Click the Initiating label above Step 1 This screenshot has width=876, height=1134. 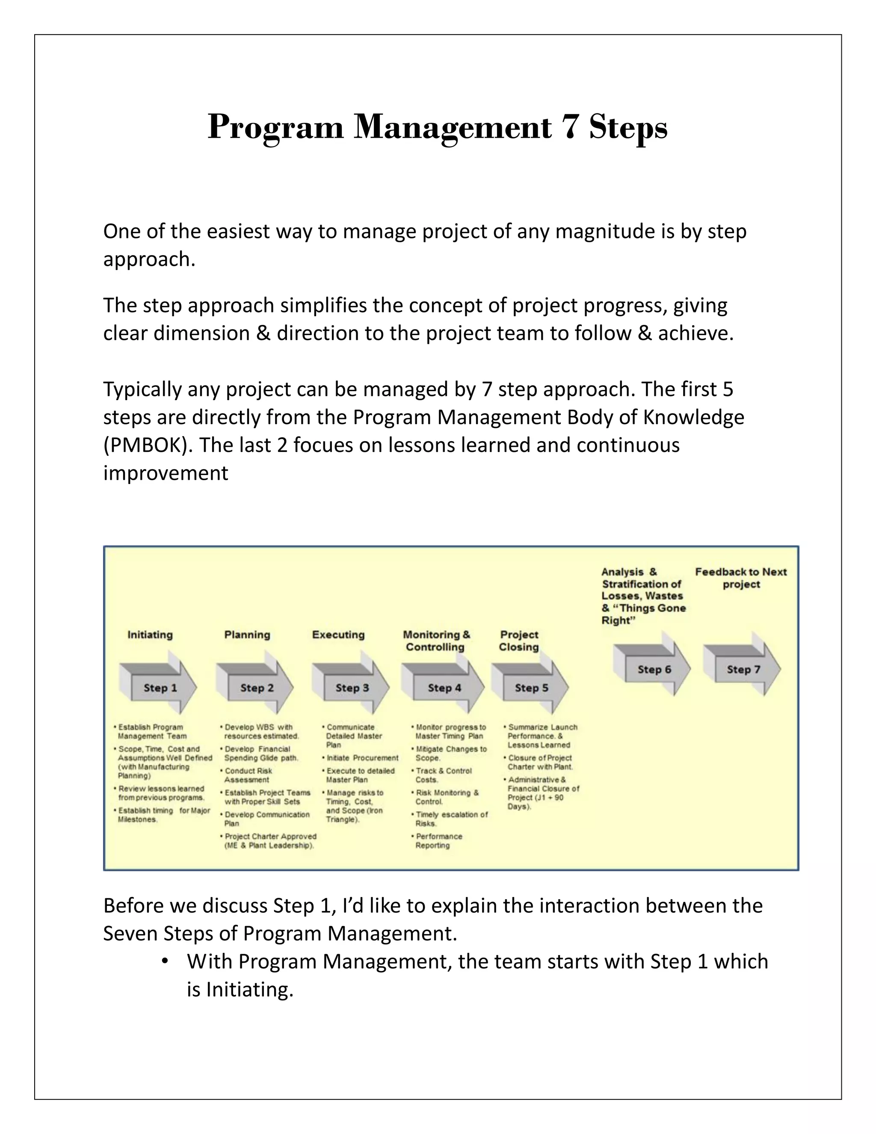pos(150,635)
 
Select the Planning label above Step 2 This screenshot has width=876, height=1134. pos(247,635)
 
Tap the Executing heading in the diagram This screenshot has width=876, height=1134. pos(338,635)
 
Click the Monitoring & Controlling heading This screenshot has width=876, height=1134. pos(436,641)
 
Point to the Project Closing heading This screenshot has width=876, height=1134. pos(519,641)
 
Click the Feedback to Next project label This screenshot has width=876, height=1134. pos(741,578)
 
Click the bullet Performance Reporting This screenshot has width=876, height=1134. pos(438,840)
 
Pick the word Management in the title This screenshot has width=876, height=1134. pos(453,127)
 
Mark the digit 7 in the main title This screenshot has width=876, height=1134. pos(570,127)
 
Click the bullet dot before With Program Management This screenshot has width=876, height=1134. pos(165,961)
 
